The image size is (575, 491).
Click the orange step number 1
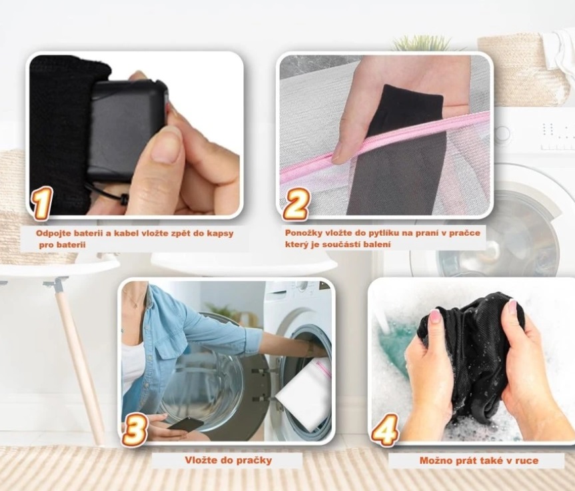[42, 203]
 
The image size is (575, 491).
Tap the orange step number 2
[296, 205]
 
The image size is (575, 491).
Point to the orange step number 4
[385, 430]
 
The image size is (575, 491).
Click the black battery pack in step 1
[127, 130]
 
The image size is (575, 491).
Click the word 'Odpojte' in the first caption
[53, 234]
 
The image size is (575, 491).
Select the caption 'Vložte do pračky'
[228, 460]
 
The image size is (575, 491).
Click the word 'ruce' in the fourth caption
[527, 460]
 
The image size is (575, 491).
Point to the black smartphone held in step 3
[185, 423]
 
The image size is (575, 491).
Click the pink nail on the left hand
[435, 316]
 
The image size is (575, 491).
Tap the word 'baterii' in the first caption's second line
[71, 245]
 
